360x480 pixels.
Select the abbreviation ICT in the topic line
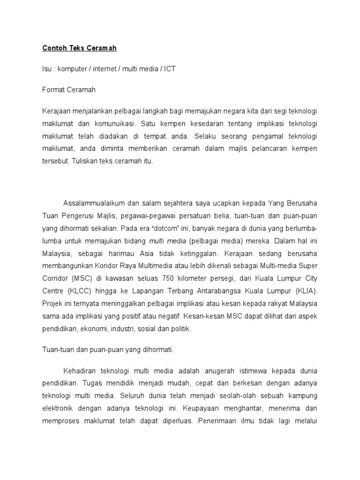[x=169, y=68]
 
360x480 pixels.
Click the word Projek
[x=52, y=304]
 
